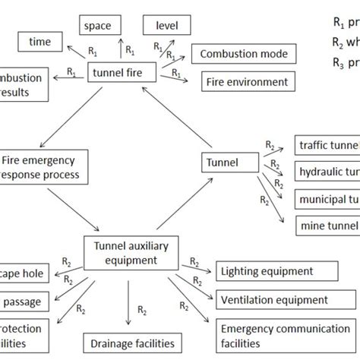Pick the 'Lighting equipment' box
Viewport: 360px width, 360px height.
click(x=273, y=271)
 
